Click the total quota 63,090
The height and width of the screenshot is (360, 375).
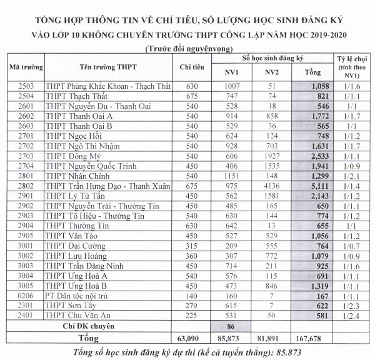point(189,338)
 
